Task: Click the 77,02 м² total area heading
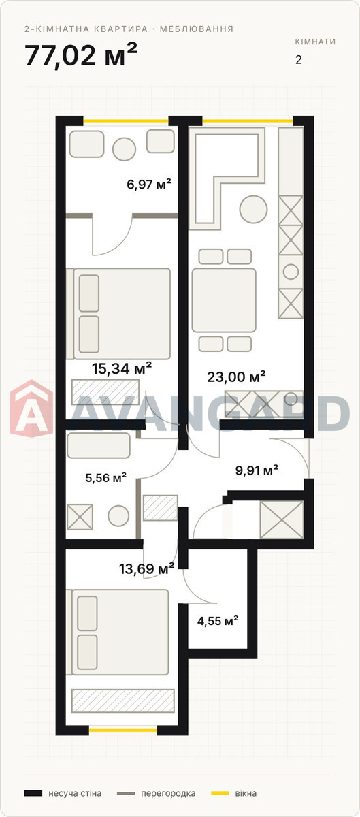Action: (x=81, y=55)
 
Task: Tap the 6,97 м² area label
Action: (x=149, y=185)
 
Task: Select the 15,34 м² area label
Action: (x=121, y=368)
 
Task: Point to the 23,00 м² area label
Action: (x=236, y=377)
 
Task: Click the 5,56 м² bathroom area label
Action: (x=105, y=477)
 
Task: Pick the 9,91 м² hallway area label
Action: (x=257, y=470)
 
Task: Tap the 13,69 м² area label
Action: (x=146, y=568)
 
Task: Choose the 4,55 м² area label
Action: (x=218, y=620)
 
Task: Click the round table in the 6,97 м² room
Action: (x=124, y=149)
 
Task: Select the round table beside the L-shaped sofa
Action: (x=253, y=210)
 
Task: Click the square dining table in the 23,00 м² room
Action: (x=224, y=300)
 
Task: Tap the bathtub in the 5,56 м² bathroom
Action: (x=99, y=446)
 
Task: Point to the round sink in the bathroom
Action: (x=118, y=516)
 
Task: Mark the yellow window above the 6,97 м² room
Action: (x=126, y=121)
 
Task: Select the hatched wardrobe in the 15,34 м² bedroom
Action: (x=105, y=392)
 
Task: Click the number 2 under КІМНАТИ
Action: (x=299, y=60)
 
